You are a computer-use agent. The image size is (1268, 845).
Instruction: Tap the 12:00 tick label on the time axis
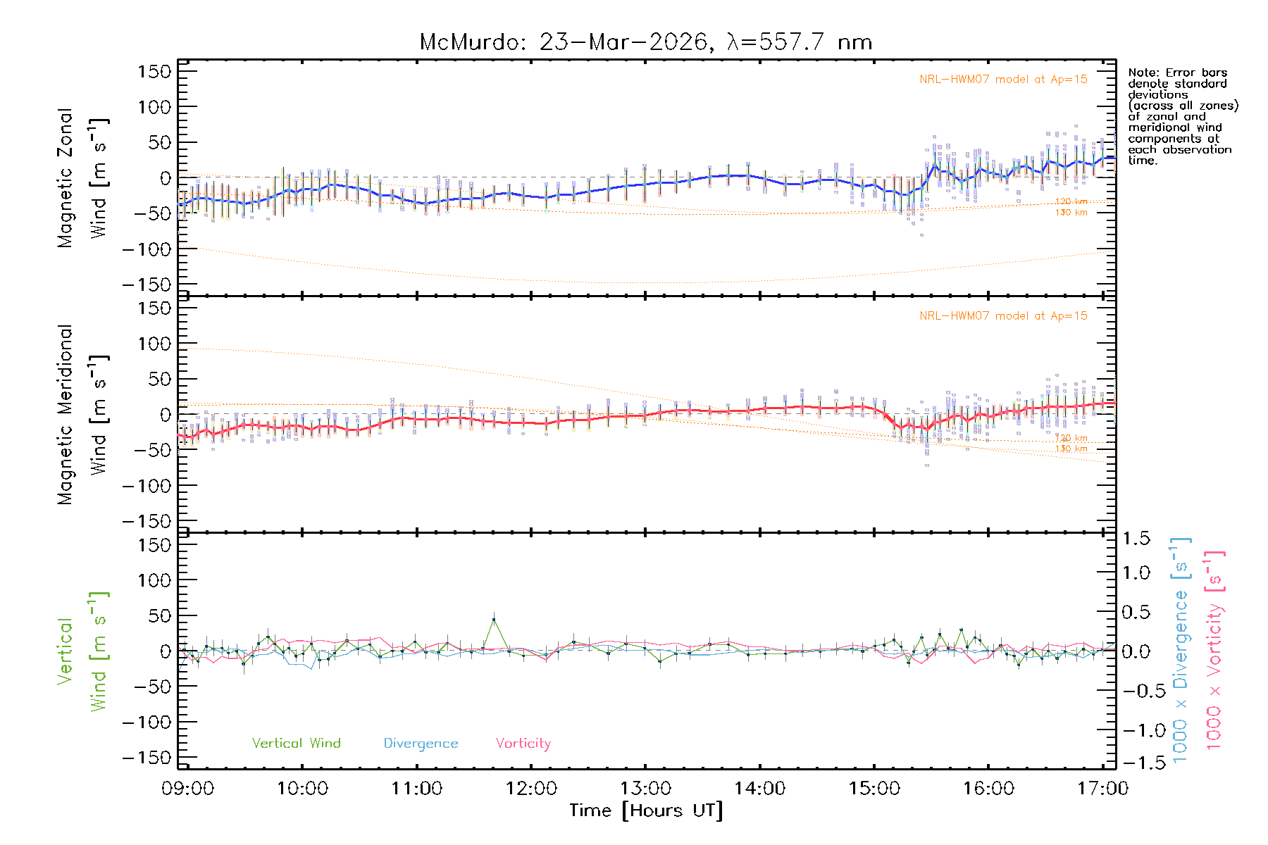[x=531, y=789]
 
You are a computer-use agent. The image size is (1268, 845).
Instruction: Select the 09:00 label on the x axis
[x=187, y=789]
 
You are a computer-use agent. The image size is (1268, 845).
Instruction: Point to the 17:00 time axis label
[x=1102, y=789]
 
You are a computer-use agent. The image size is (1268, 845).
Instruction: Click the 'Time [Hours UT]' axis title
[x=646, y=811]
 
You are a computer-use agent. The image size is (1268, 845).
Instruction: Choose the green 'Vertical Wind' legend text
[x=296, y=744]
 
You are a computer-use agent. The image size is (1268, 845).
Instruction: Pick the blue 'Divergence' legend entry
[x=421, y=744]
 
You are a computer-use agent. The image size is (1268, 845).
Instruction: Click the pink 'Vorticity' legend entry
[x=523, y=744]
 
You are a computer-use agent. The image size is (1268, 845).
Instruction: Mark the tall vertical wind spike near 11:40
[x=494, y=620]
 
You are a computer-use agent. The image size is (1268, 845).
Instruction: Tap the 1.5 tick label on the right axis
[x=1136, y=539]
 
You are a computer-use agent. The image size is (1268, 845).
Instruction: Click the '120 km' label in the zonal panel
[x=1071, y=202]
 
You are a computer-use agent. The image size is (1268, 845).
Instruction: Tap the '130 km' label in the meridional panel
[x=1071, y=449]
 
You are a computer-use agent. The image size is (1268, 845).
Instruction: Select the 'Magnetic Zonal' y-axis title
[x=65, y=178]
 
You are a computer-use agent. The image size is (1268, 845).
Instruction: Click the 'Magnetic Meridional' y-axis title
[x=65, y=415]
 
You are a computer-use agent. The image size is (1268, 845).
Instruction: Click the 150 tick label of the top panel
[x=154, y=72]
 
